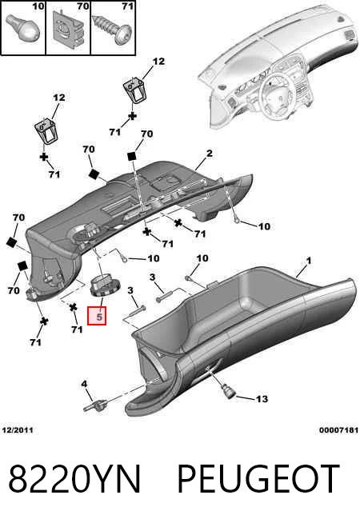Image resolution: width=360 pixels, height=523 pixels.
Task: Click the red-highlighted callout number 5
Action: [x=97, y=316]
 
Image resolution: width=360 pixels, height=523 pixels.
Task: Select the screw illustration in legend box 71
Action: [x=113, y=30]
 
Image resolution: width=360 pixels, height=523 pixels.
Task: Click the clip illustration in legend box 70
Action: [x=68, y=28]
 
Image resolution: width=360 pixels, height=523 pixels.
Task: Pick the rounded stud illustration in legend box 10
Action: [x=22, y=29]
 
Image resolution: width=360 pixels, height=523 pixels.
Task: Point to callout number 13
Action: [x=262, y=398]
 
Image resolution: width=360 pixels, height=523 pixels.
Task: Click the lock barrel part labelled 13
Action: [x=228, y=391]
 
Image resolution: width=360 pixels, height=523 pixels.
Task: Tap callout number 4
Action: [x=85, y=384]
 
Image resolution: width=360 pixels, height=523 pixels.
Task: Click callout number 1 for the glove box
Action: [x=309, y=261]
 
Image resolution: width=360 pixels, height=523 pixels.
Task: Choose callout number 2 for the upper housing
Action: [x=209, y=154]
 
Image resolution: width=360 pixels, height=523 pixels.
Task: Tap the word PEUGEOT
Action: [x=258, y=478]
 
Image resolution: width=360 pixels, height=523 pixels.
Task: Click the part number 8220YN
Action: [x=74, y=478]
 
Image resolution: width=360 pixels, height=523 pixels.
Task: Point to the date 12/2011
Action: [x=18, y=430]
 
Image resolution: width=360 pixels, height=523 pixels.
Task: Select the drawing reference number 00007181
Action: [x=338, y=430]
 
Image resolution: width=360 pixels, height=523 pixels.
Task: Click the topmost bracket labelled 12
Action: [x=134, y=90]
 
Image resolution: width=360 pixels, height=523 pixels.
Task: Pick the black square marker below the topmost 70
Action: [x=132, y=156]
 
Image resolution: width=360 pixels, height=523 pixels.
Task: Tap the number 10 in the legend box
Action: [x=38, y=6]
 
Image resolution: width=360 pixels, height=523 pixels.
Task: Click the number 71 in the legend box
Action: [x=128, y=6]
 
